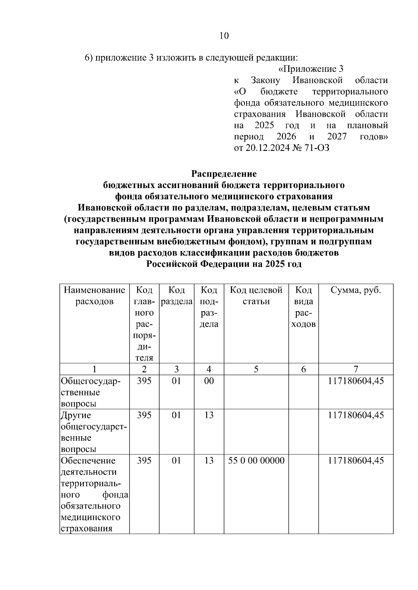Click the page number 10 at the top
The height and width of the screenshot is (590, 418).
pos(224,35)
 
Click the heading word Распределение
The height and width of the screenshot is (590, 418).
pos(224,173)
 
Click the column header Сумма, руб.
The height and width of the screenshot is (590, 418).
pos(356,290)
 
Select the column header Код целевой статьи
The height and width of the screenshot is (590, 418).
pos(256,296)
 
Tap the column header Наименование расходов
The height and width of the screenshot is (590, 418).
pos(94,296)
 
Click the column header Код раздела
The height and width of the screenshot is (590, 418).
pos(176,296)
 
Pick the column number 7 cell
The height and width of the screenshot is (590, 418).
pos(356,369)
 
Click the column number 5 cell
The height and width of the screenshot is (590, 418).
pos(256,369)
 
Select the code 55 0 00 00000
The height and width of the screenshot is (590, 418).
pos(256,461)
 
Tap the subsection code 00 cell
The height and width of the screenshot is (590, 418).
pos(209,381)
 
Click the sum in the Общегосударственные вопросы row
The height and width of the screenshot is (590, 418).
pos(356,381)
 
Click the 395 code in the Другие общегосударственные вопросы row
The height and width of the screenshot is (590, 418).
pos(144,415)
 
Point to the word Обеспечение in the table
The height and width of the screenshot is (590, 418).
pos(88,461)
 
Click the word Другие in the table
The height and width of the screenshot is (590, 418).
pos(76,415)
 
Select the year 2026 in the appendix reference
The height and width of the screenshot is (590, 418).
pos(286,137)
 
